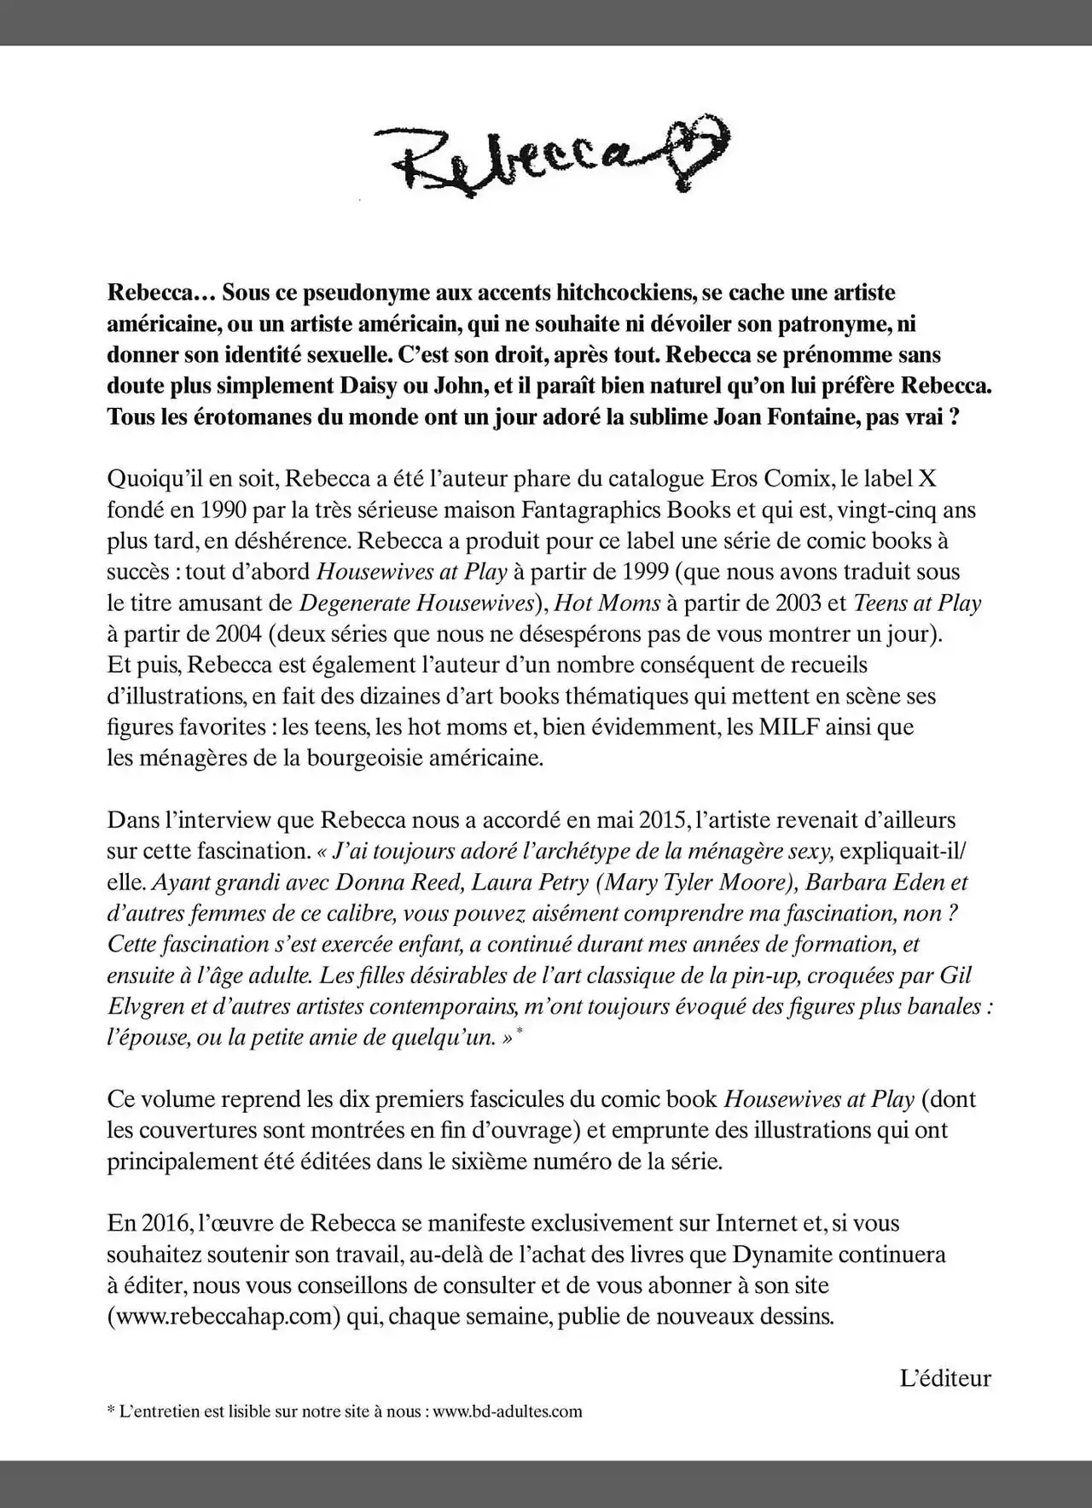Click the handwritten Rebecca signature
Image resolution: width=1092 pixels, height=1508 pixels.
pos(512,157)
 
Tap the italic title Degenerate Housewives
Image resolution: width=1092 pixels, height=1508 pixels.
pos(416,603)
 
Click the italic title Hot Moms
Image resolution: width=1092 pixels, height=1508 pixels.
pos(607,603)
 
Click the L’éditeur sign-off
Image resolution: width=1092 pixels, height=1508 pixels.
pos(945,1377)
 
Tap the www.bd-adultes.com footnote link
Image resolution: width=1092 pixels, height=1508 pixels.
pos(508,1411)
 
